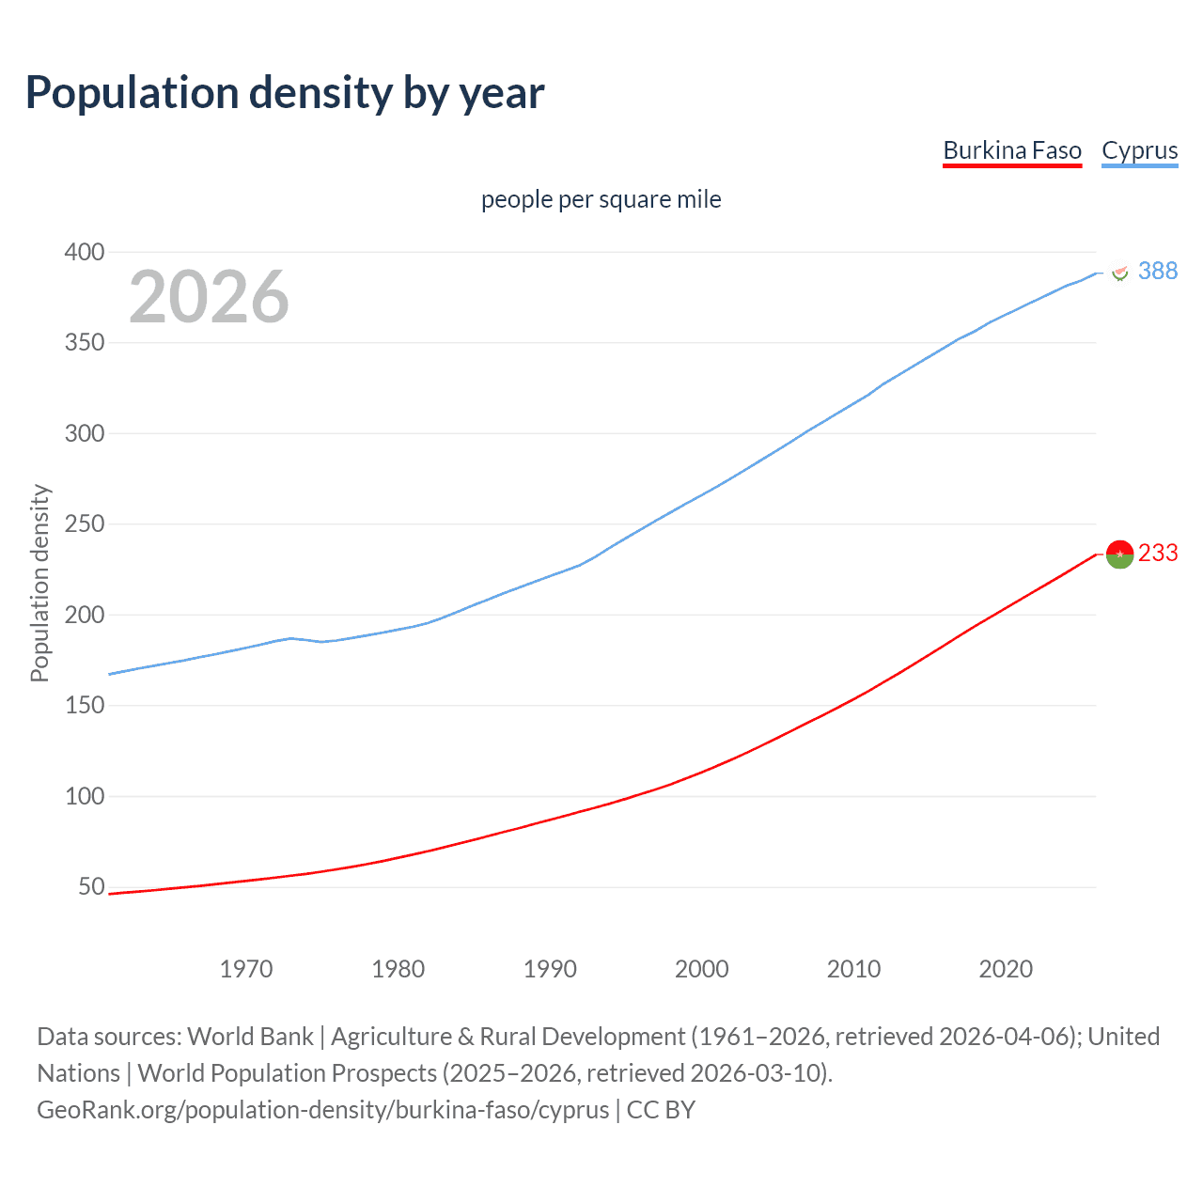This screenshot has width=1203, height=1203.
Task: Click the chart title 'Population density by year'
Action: [x=285, y=93]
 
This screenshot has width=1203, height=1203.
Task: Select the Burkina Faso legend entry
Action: [x=1012, y=150]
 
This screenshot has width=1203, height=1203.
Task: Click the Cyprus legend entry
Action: [x=1139, y=150]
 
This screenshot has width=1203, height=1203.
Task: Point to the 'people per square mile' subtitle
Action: [x=601, y=199]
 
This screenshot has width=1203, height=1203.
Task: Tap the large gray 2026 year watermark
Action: [x=209, y=297]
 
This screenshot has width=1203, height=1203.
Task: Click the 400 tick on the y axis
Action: [x=84, y=252]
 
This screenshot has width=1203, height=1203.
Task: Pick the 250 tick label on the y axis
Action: [x=84, y=524]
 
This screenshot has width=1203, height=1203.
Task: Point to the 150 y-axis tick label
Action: [x=84, y=706]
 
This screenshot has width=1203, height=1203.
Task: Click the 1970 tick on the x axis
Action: [x=246, y=969]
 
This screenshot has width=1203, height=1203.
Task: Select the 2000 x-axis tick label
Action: [x=702, y=969]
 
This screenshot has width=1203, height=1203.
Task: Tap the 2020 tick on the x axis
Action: [x=1006, y=969]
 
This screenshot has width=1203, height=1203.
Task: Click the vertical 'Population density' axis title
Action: [x=39, y=583]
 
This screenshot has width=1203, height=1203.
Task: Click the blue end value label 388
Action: [x=1158, y=272]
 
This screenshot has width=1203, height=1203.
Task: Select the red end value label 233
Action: [x=1158, y=554]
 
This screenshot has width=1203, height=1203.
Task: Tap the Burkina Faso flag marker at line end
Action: [x=1119, y=555]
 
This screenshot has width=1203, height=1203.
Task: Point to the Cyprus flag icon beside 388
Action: [x=1119, y=272]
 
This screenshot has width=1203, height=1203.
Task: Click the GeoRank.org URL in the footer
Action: [x=322, y=1110]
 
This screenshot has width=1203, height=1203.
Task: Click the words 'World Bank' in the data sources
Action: [x=250, y=1037]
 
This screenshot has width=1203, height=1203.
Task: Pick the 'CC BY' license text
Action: [x=661, y=1110]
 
